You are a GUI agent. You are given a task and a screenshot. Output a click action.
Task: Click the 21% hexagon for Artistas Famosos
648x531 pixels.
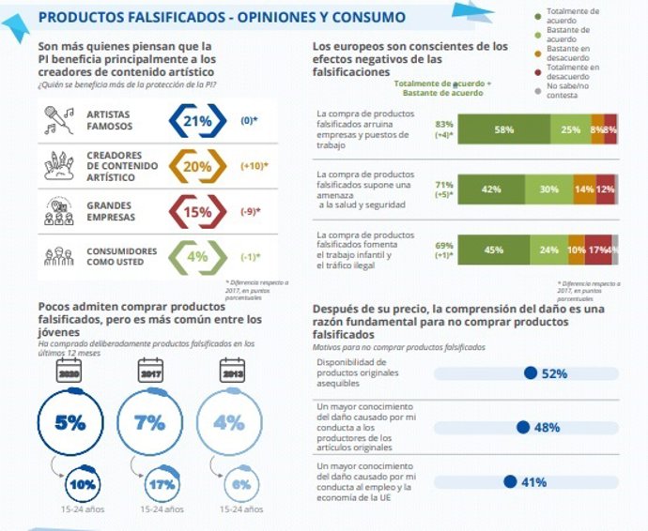[197, 120]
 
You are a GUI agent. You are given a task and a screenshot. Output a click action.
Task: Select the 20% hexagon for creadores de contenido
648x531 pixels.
[197, 166]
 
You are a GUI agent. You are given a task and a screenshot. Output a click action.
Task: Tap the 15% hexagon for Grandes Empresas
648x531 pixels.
[197, 212]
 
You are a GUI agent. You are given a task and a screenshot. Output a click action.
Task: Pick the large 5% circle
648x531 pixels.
[70, 422]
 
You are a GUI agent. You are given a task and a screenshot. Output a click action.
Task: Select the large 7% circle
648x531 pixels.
[150, 422]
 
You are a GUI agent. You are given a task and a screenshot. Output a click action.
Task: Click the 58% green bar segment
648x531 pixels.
[504, 129]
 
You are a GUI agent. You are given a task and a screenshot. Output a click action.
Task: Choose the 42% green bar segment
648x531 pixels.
[489, 189]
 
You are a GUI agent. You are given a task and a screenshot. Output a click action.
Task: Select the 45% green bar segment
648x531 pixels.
[493, 250]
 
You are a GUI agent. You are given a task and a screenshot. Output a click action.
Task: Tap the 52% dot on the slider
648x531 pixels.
[531, 372]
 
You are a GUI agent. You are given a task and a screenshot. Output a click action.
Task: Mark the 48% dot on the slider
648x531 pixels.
[523, 427]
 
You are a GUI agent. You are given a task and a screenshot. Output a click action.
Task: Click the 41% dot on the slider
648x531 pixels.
[510, 481]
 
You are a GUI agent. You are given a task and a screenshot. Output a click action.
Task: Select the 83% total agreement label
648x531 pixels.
[444, 124]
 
